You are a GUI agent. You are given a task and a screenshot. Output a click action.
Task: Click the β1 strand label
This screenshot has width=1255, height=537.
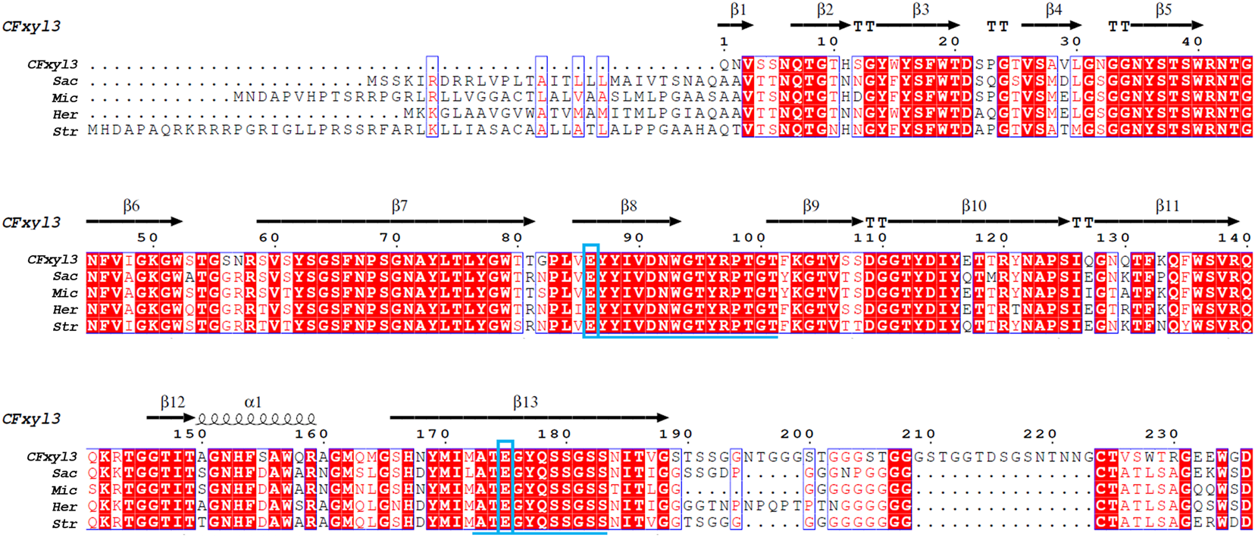point(738,10)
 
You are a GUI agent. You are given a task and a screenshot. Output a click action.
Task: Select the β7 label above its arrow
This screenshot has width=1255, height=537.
point(399,206)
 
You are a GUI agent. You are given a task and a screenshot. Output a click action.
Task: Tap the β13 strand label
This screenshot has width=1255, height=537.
point(525,402)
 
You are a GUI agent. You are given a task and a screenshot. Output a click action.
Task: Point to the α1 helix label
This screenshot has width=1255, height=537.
point(253,402)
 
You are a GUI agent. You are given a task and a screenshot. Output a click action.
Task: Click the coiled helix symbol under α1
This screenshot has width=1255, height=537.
point(257,418)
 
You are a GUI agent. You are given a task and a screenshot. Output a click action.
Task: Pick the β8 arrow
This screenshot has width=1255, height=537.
point(626,221)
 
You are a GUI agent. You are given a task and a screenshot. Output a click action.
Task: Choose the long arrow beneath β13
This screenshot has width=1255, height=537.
point(528,417)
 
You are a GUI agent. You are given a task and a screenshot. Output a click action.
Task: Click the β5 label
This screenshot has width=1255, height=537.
point(1163,10)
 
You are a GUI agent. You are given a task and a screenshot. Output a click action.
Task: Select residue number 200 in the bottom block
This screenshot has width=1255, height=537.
point(797,434)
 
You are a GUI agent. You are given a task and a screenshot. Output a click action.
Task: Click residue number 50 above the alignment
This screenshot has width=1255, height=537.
point(148,238)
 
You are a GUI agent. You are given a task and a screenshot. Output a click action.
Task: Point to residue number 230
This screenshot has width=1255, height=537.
point(1162,434)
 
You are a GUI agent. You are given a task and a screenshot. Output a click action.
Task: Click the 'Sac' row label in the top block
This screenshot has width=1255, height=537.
point(65,81)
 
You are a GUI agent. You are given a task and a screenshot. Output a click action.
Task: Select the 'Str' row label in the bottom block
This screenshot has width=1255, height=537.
point(65,523)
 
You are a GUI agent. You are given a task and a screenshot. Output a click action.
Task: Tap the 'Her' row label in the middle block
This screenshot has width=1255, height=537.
point(65,310)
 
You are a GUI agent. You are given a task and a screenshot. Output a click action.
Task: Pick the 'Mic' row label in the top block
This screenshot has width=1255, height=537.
point(65,98)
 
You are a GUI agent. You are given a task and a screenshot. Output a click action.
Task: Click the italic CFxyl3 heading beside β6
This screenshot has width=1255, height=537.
point(31,222)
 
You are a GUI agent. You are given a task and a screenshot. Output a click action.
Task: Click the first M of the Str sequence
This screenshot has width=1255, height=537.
point(93,130)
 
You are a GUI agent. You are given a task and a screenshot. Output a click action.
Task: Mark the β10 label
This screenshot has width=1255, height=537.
point(974,206)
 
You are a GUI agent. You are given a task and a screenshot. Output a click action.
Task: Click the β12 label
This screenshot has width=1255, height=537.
point(173,402)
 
